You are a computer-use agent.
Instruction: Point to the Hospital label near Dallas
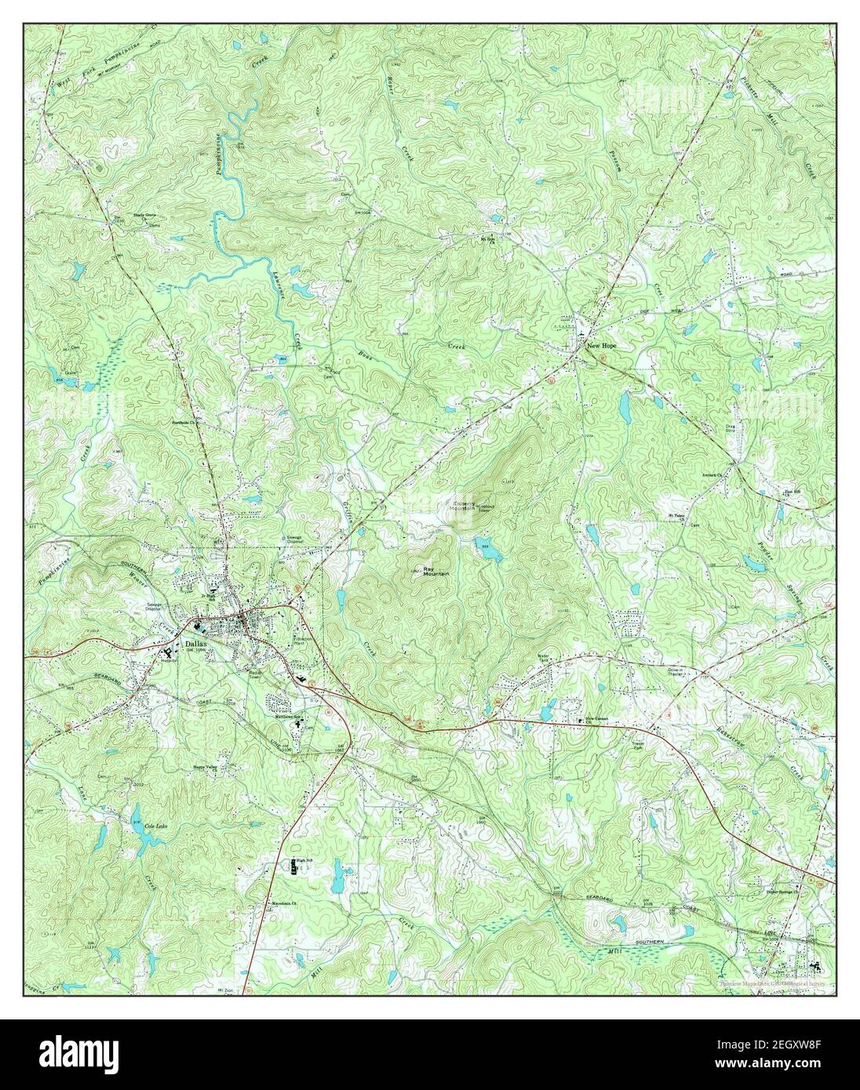(171, 659)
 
